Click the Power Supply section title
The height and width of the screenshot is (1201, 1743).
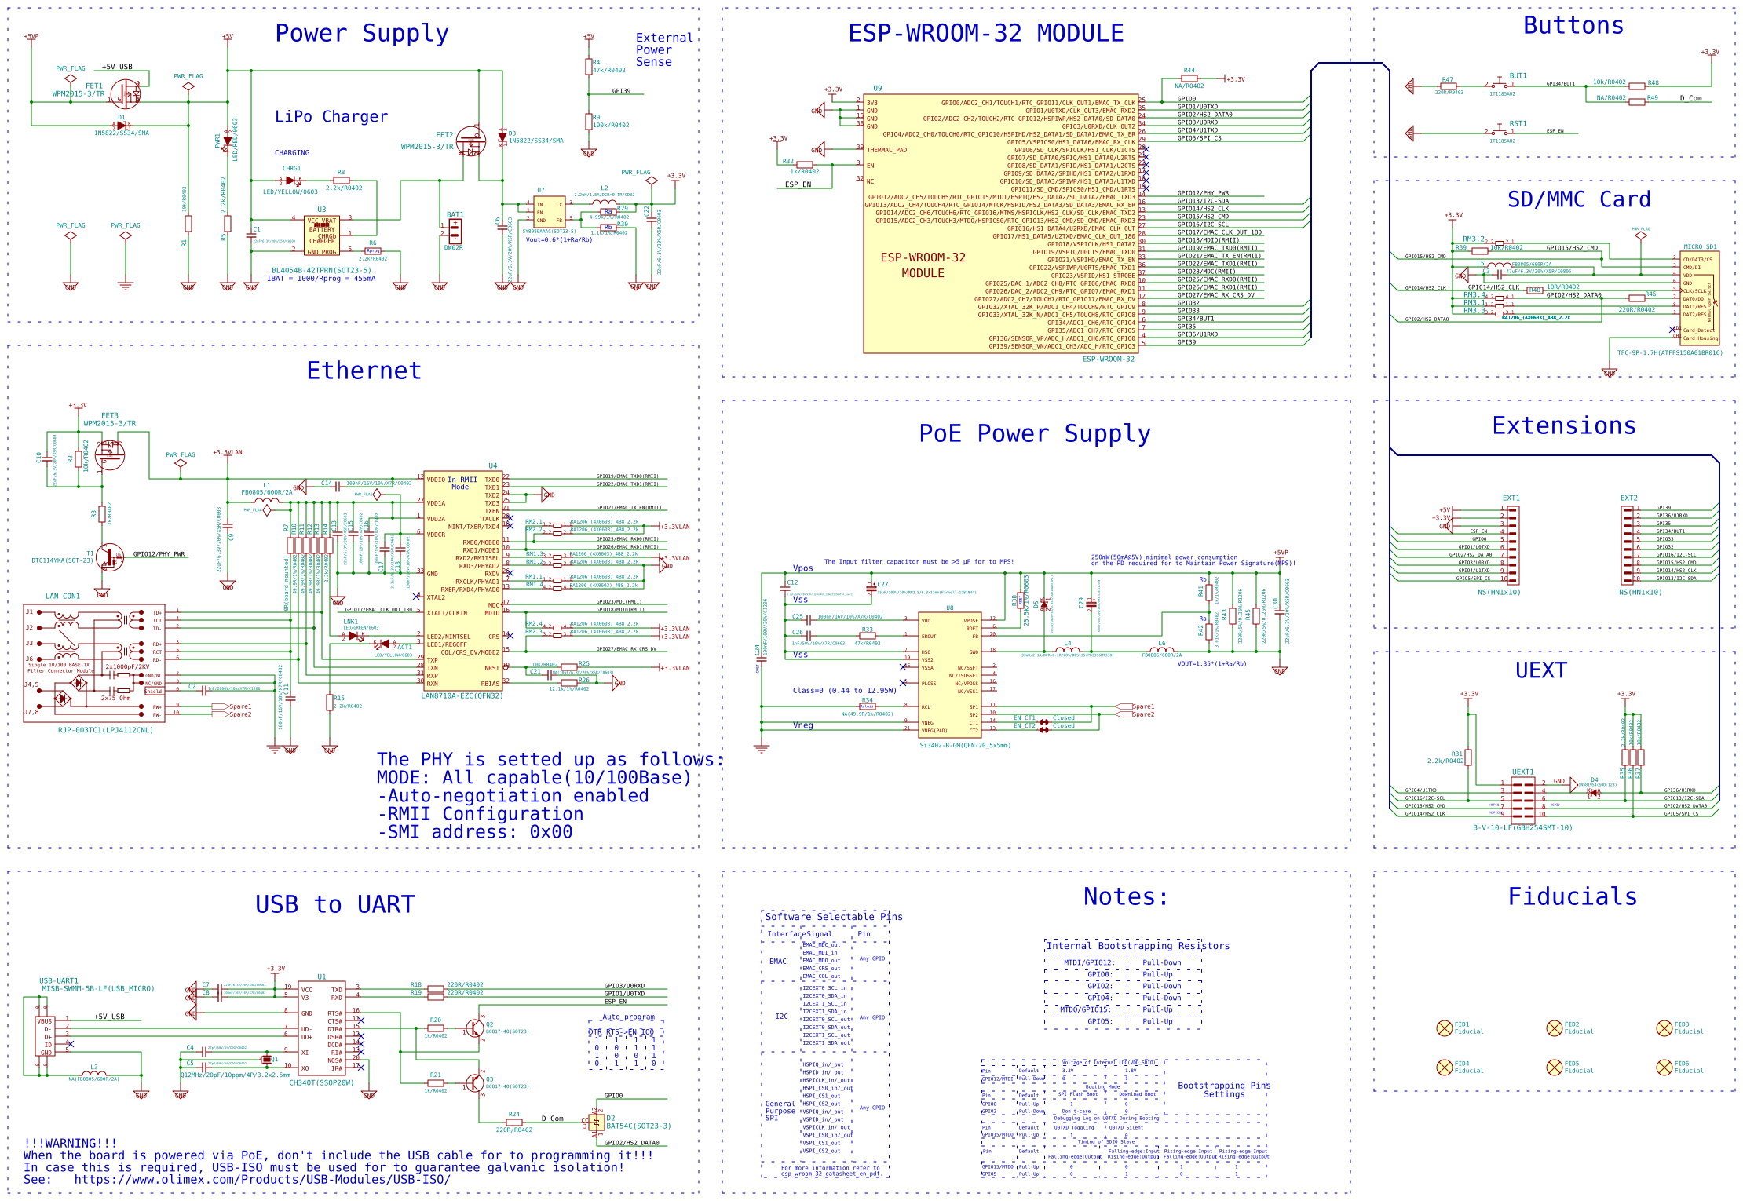tap(361, 34)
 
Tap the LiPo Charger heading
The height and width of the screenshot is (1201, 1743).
tap(331, 117)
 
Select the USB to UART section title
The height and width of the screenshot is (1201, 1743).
tap(334, 904)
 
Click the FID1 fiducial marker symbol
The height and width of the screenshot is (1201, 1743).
tap(1444, 1028)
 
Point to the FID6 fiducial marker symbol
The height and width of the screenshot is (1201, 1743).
tap(1664, 1067)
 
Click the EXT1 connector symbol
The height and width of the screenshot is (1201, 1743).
tap(1513, 544)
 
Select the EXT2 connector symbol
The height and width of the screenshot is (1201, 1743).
tap(1627, 544)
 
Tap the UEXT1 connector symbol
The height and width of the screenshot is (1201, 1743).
tap(1522, 798)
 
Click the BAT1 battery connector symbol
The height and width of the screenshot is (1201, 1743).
tap(455, 231)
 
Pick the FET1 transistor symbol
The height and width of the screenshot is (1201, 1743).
tap(126, 94)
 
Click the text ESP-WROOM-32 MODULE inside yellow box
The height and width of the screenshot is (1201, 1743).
tap(923, 265)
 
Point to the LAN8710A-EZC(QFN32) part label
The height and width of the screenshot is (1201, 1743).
tap(462, 695)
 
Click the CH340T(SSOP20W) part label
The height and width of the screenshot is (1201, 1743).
tap(322, 1082)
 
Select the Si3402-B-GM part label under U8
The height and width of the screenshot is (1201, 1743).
tap(965, 745)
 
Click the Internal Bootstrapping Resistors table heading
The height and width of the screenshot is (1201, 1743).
tap(1138, 946)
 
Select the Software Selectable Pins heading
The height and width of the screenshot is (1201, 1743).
tap(833, 917)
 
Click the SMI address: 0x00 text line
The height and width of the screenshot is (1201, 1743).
tap(475, 832)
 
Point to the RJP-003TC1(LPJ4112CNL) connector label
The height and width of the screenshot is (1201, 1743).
tap(105, 730)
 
